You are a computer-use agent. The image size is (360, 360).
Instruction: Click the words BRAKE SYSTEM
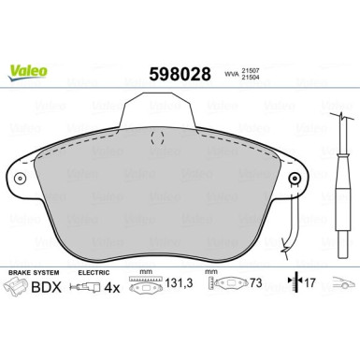coord(33,271)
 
